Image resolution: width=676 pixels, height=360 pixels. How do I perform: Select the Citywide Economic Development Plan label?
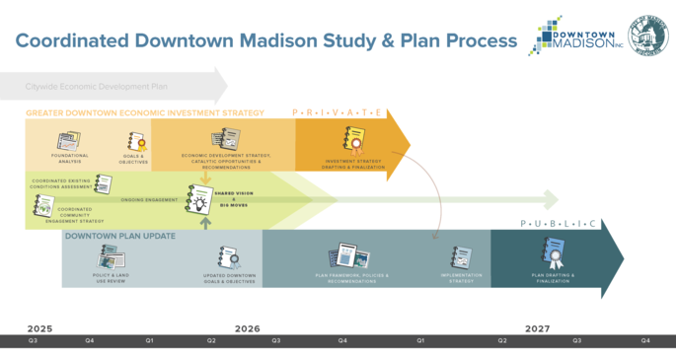pyautogui.click(x=97, y=87)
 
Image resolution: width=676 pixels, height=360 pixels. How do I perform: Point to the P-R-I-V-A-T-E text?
pyautogui.click(x=337, y=113)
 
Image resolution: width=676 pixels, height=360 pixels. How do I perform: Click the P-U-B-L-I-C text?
pyautogui.click(x=559, y=225)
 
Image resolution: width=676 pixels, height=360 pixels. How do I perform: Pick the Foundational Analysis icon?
pyautogui.click(x=68, y=141)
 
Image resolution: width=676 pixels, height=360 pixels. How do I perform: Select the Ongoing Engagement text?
pyautogui.click(x=149, y=200)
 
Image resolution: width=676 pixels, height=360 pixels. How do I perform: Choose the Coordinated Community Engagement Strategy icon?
pyautogui.click(x=42, y=205)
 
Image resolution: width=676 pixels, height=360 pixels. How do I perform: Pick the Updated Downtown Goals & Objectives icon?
pyautogui.click(x=229, y=257)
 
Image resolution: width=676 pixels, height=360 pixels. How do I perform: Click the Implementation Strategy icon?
pyautogui.click(x=461, y=258)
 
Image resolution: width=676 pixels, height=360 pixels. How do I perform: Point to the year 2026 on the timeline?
pyautogui.click(x=247, y=328)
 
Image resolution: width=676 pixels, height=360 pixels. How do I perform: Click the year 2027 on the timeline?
pyautogui.click(x=537, y=328)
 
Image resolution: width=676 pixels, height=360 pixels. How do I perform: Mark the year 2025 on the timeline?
pyautogui.click(x=39, y=328)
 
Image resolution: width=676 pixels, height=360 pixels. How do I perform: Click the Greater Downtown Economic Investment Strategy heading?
pyautogui.click(x=145, y=113)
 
